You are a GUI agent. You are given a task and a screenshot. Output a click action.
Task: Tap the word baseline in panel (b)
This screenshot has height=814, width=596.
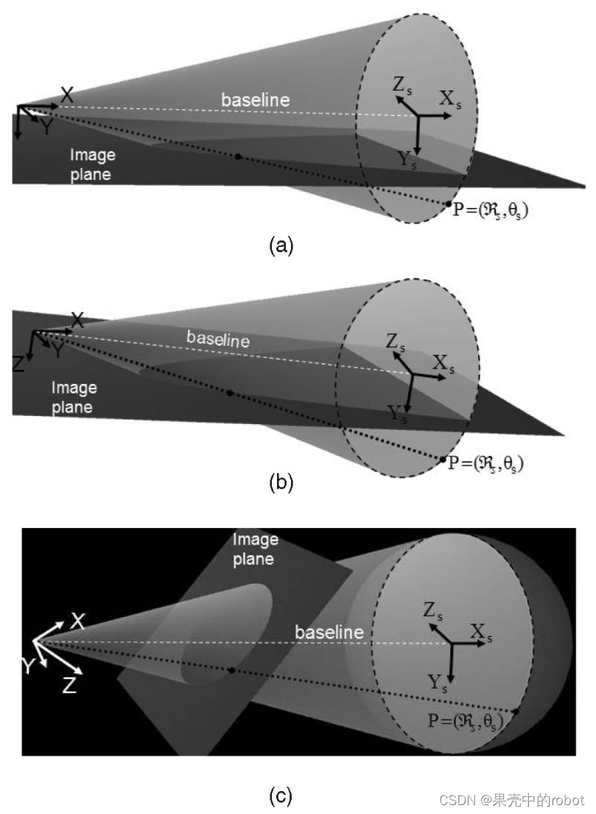tap(217, 338)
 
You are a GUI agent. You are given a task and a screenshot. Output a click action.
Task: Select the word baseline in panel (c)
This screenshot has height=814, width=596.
tap(329, 632)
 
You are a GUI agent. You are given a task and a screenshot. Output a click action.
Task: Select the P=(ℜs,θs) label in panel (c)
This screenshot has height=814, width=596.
tap(465, 721)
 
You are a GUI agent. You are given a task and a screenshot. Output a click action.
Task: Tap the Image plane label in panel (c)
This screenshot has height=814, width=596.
tap(255, 549)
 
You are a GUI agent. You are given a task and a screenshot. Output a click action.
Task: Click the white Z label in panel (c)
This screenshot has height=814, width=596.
tap(69, 686)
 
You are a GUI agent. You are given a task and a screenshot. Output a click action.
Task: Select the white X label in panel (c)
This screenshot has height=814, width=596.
tap(78, 621)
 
